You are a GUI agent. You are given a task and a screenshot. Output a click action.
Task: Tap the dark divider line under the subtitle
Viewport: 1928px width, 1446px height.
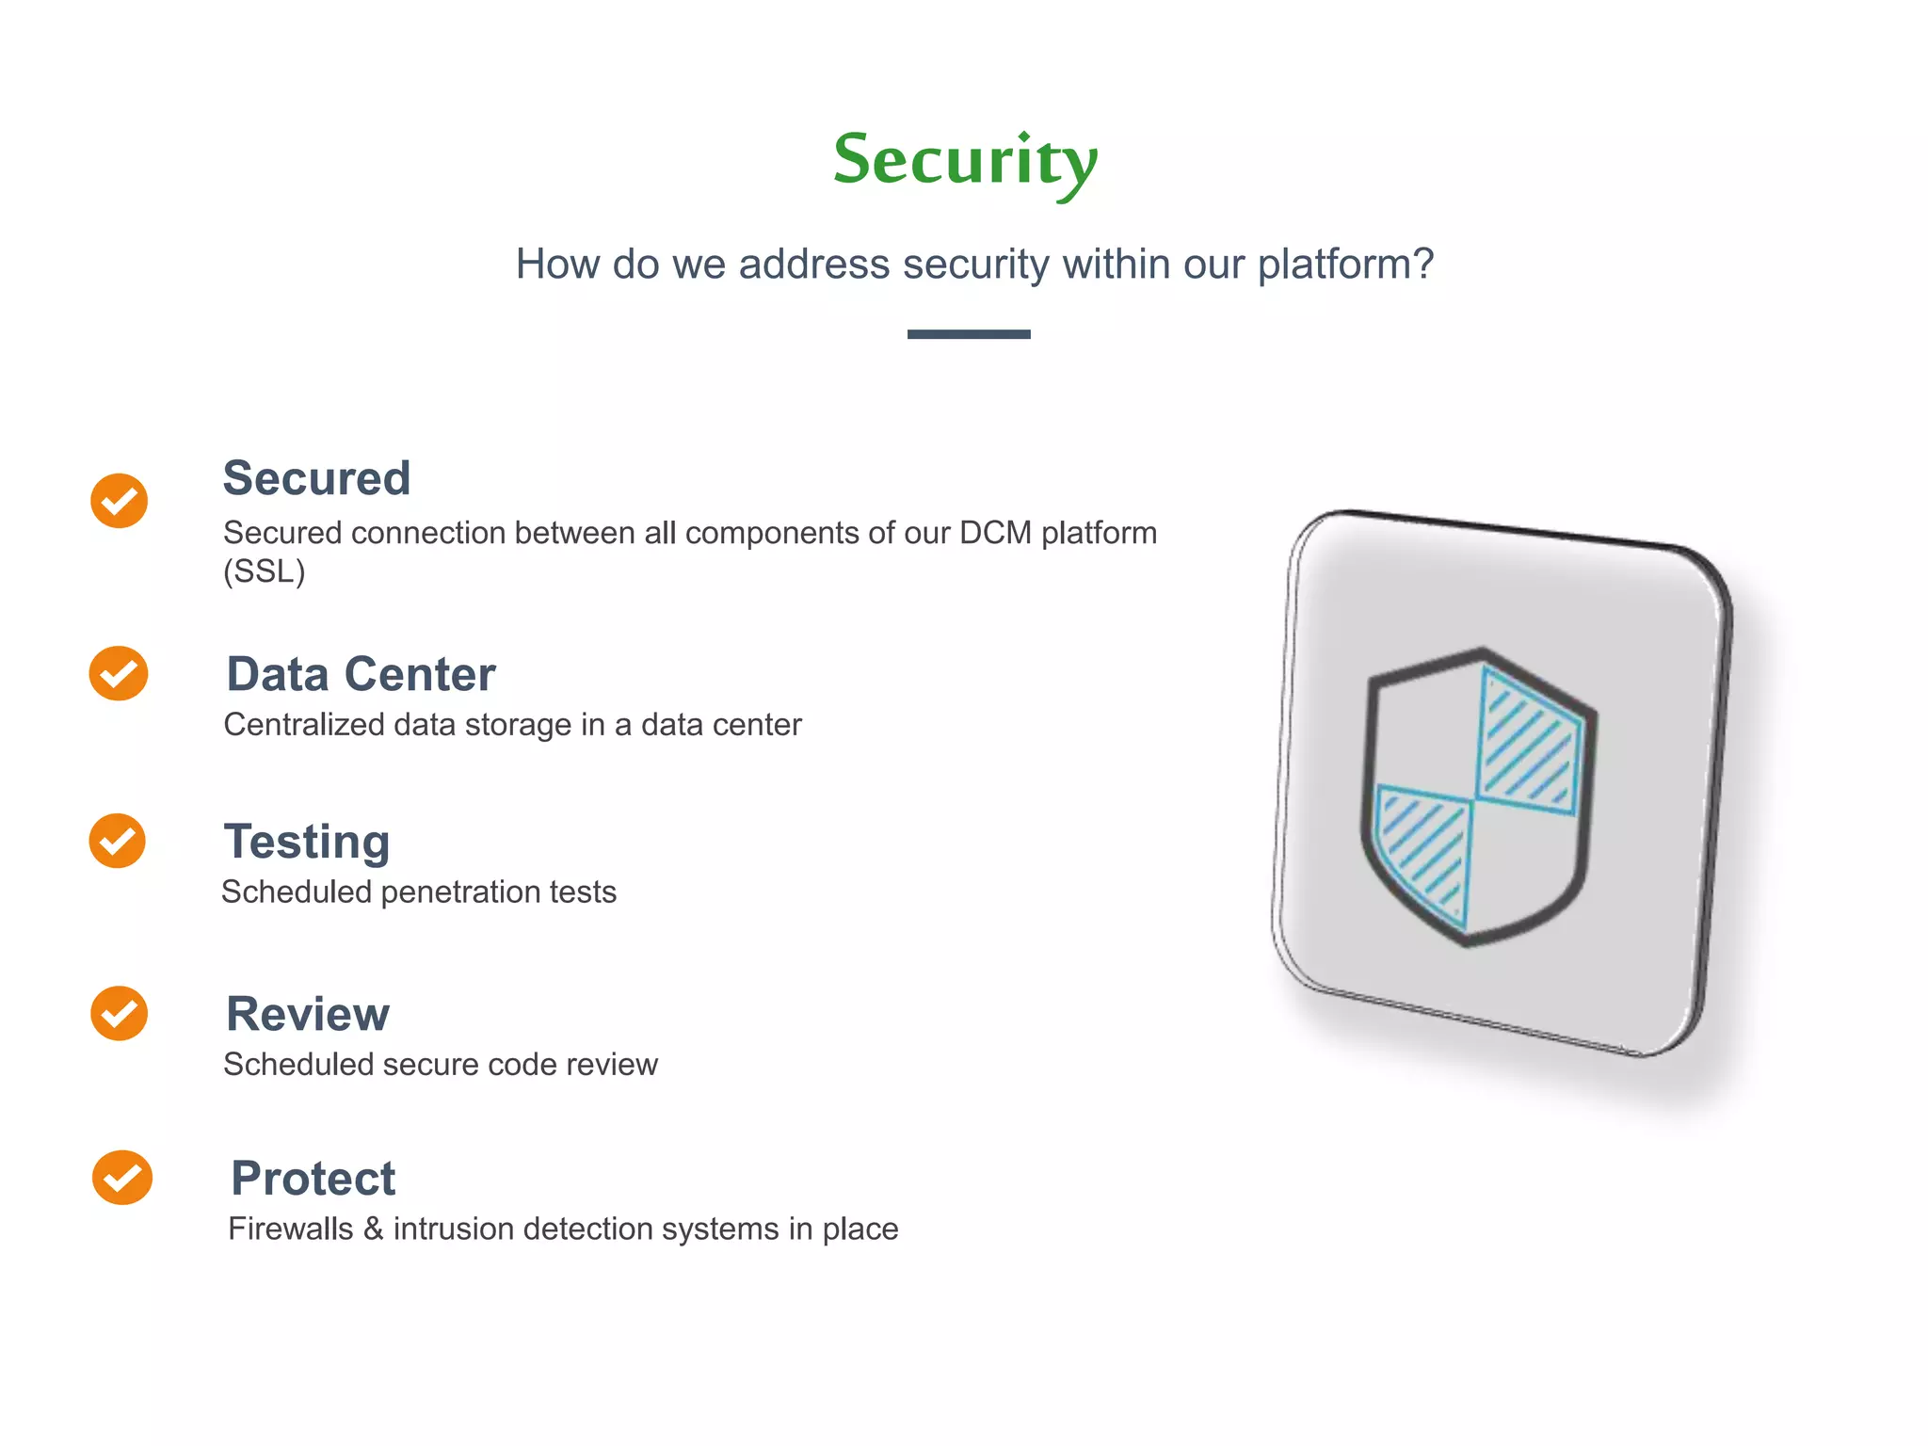tap(968, 334)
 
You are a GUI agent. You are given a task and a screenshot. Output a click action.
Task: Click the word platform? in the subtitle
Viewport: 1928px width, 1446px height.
tap(1345, 265)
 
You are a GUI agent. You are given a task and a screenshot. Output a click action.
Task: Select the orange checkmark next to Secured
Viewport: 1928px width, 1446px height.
tap(120, 500)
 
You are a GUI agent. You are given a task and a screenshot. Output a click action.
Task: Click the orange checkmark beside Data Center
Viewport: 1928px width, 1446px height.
tap(119, 673)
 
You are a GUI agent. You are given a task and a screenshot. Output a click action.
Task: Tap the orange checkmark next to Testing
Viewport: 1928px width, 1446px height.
tap(118, 841)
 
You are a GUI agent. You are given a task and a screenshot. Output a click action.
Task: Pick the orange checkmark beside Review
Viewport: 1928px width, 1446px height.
tap(119, 1013)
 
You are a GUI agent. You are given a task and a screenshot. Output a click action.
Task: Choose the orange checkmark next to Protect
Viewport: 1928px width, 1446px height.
tap(121, 1177)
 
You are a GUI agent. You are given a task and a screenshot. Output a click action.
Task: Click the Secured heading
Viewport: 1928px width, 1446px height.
tap(316, 478)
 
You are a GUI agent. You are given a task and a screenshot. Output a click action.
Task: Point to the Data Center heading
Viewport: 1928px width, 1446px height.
tap(361, 674)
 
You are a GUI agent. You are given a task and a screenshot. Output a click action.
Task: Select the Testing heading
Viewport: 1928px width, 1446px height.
tap(307, 842)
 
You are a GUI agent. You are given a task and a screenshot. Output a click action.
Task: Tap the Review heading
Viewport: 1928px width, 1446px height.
tap(308, 1014)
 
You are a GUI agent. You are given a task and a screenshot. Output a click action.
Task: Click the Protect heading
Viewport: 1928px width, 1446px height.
tap(313, 1178)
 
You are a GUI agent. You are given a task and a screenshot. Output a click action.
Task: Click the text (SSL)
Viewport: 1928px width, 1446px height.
tap(265, 571)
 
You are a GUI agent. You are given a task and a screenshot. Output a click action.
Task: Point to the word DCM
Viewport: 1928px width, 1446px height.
tap(995, 533)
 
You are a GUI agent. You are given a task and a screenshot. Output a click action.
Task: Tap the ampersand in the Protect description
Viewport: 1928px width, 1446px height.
tap(374, 1229)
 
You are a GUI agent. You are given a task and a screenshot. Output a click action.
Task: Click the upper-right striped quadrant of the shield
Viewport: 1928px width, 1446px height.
tap(1528, 740)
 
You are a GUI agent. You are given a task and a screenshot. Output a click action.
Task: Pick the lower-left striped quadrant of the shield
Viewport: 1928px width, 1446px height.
tap(1423, 851)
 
